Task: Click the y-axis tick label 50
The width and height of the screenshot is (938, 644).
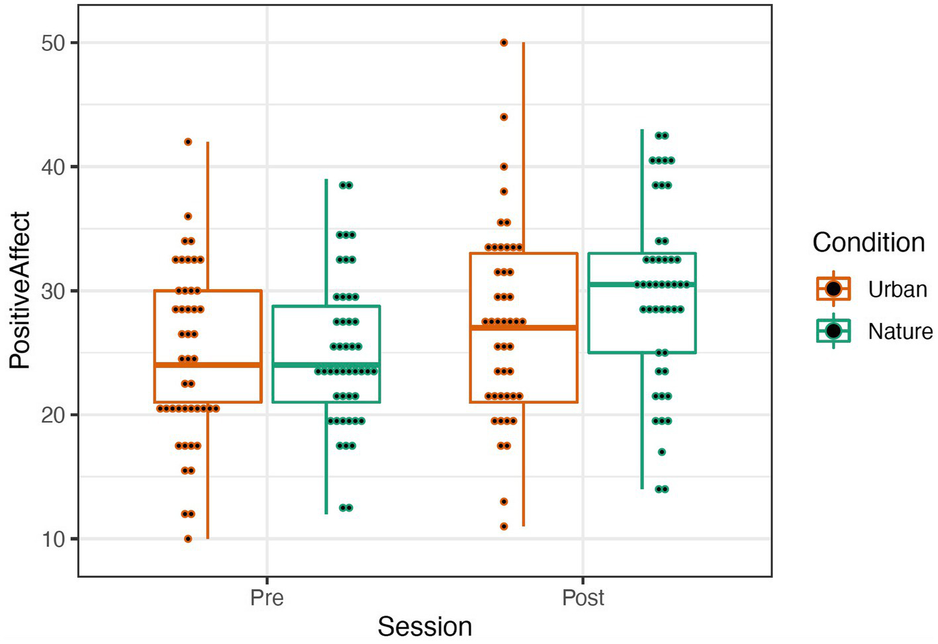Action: pos(53,44)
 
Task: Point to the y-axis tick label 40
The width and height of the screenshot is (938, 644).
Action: pos(53,167)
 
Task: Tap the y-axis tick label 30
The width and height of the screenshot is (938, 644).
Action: pos(53,291)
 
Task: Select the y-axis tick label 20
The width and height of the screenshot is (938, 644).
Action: pos(53,416)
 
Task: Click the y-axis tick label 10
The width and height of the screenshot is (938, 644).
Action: pos(53,539)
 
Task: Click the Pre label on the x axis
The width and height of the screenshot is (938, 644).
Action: pos(267,598)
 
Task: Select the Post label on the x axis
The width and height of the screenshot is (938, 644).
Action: pos(583,598)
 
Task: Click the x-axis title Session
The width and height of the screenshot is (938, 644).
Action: pos(424,626)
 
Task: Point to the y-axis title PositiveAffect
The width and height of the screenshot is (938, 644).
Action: pos(20,291)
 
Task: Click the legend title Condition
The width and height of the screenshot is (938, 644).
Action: pos(868,242)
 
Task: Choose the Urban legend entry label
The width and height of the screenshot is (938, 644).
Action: pos(897,290)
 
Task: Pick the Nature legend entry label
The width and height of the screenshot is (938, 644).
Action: pos(900,331)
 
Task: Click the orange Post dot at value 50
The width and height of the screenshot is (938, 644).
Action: pos(504,42)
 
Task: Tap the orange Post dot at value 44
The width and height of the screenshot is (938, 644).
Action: pos(504,117)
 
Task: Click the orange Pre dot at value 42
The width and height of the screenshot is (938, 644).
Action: pos(188,142)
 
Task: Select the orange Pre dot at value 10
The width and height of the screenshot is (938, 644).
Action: pos(188,539)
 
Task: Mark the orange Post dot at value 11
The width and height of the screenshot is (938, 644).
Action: pos(504,527)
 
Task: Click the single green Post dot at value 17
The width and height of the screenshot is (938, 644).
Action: pos(662,452)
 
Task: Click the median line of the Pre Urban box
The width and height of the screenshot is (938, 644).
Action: pos(208,365)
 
